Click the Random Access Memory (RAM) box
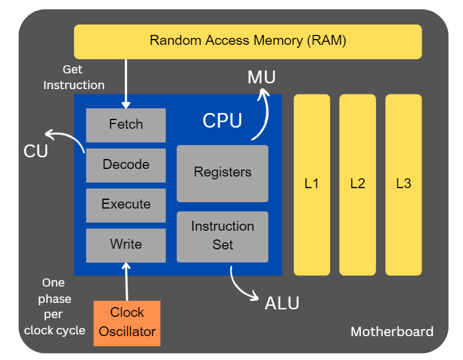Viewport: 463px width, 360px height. click(247, 41)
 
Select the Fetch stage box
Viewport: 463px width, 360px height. click(126, 125)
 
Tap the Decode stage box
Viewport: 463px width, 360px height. click(126, 165)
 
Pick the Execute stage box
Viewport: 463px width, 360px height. click(126, 204)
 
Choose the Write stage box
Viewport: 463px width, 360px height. click(126, 245)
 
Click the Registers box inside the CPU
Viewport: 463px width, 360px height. click(222, 173)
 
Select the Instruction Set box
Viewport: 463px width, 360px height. click(222, 236)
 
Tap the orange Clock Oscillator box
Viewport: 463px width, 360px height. click(127, 323)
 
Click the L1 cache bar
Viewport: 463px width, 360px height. click(311, 184)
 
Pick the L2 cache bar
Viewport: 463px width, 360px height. click(357, 184)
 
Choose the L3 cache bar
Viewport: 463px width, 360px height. click(404, 184)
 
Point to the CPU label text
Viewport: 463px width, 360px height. click(222, 121)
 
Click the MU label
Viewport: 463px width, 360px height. click(261, 77)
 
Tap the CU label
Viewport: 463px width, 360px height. click(36, 151)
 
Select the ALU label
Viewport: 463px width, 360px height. click(282, 303)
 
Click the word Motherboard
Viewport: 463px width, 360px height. click(392, 332)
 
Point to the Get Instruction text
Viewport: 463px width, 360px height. click(73, 77)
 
